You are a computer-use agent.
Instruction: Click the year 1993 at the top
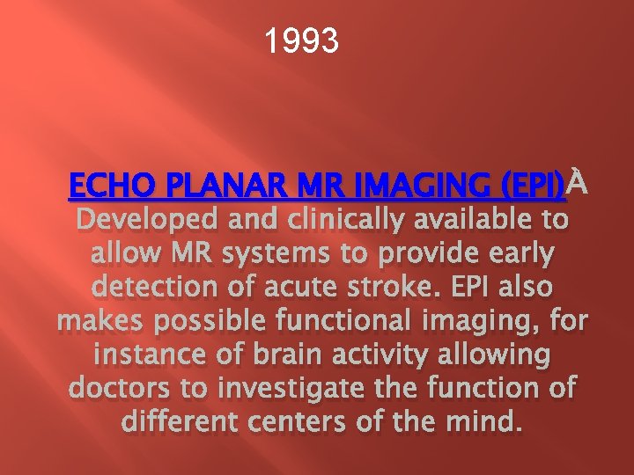click(x=302, y=40)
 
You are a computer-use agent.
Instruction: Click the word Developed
click(x=149, y=221)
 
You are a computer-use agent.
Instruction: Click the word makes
click(x=98, y=321)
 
